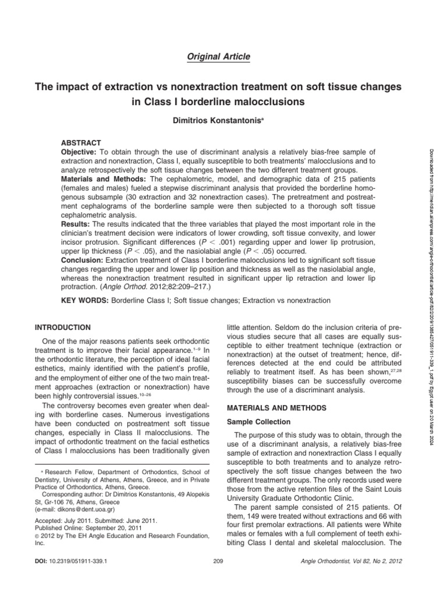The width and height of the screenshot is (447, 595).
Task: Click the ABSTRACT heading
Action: [81, 142]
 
